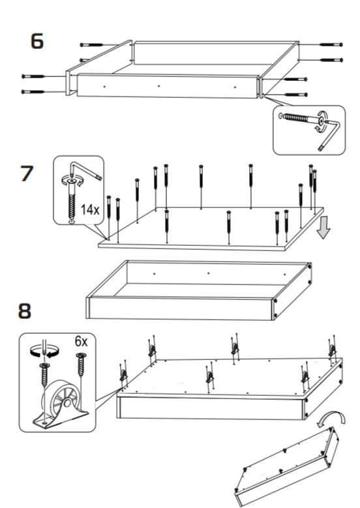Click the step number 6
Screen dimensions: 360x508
pos(37,41)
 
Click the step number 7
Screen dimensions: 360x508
pos(27,173)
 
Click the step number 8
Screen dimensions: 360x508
pos(25,310)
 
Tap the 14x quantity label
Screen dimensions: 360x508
pos(90,209)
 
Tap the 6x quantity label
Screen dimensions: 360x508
pos(81,341)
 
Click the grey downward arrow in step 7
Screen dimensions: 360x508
pos(323,228)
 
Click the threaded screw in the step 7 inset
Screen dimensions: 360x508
pos(72,204)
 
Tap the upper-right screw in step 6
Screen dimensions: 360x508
pos(331,44)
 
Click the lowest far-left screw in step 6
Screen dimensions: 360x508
pos(33,92)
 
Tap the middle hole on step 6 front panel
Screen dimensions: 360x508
pos(158,86)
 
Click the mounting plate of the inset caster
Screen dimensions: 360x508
pos(60,419)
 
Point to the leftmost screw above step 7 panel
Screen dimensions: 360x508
pos(109,217)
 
